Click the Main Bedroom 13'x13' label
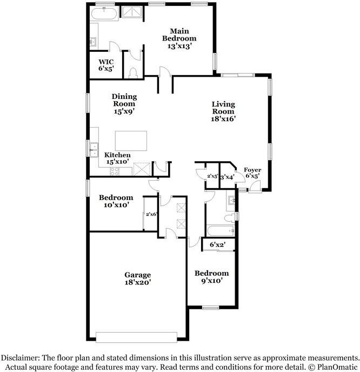point(179,38)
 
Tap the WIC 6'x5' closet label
point(105,65)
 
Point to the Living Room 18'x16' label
point(223,111)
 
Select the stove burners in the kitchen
point(115,171)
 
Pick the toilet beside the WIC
point(134,71)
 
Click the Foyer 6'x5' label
point(252,173)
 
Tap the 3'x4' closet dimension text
point(227,176)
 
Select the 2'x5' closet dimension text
point(212,176)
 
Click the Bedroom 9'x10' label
point(211,277)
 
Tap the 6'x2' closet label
point(217,245)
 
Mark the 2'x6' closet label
point(151,215)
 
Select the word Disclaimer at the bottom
point(22,357)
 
